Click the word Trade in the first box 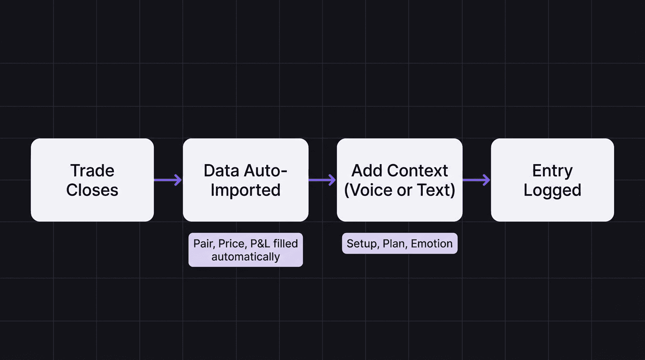click(x=92, y=171)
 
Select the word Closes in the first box click(x=92, y=190)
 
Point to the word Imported click(x=245, y=190)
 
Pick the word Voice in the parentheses click(x=371, y=190)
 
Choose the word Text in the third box click(x=435, y=190)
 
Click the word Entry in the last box click(x=552, y=171)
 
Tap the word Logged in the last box click(x=552, y=190)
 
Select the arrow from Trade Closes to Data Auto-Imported click(x=168, y=180)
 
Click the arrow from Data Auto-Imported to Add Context click(x=322, y=180)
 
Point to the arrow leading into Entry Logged click(x=476, y=180)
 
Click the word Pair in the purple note click(x=203, y=244)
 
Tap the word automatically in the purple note click(x=246, y=257)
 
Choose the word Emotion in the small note click(x=432, y=244)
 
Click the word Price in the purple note click(x=232, y=244)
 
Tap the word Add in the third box click(x=366, y=171)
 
